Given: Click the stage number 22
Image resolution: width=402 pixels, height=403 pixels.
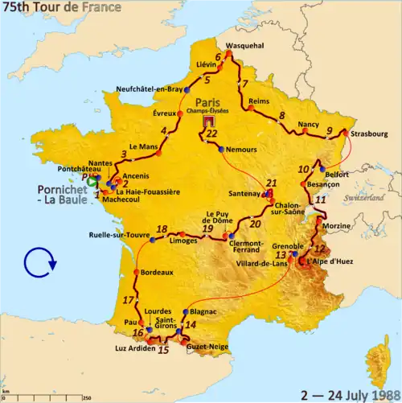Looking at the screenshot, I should coord(211,134).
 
